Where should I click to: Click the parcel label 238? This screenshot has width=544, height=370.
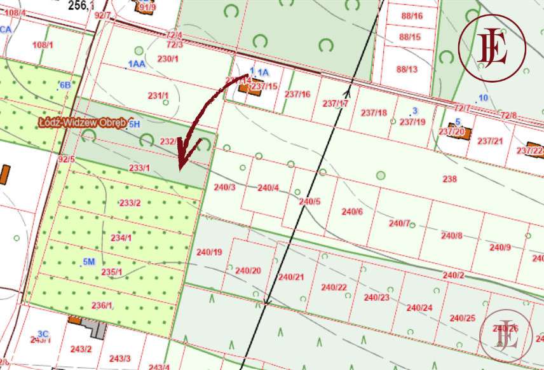tap(449, 179)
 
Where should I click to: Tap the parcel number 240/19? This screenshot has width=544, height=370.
tap(209, 252)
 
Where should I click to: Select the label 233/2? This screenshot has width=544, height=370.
tap(130, 203)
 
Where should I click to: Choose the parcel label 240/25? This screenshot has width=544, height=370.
tap(462, 318)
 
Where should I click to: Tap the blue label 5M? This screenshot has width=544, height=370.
tap(88, 262)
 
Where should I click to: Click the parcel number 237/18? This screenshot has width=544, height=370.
tap(374, 113)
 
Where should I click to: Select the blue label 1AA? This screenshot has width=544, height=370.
tap(137, 64)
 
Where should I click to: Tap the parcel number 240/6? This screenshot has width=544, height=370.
tap(352, 212)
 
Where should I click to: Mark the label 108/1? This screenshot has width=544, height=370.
tap(42, 45)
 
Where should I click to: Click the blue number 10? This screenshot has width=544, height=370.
tap(483, 97)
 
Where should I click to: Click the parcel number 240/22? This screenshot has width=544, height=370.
tap(334, 287)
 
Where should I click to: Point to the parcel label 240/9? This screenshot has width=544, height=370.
tap(500, 247)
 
